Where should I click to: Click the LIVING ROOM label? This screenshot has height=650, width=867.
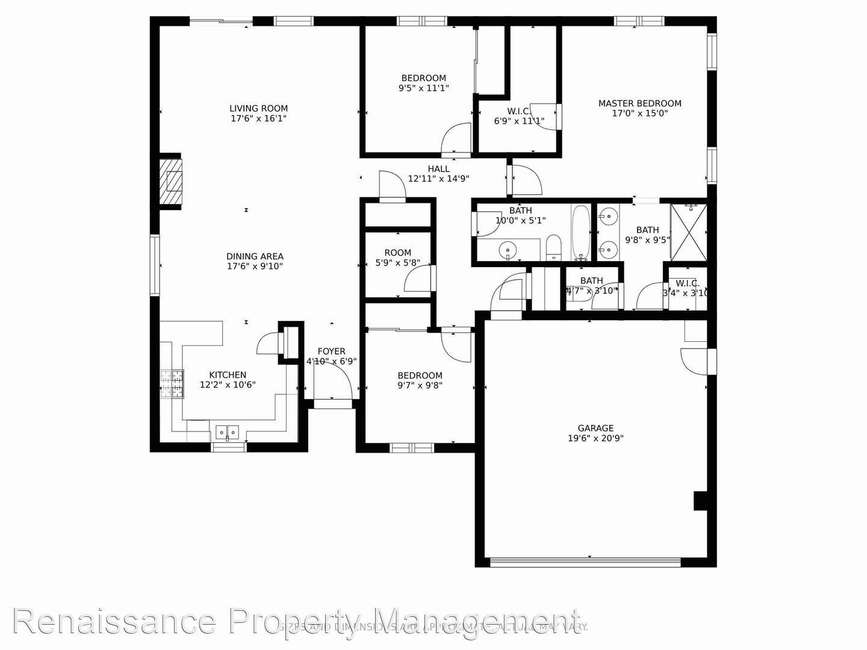tap(258, 109)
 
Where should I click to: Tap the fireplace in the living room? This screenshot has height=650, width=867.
tap(170, 181)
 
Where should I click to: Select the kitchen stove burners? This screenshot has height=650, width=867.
tap(172, 384)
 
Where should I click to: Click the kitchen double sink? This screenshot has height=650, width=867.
tap(227, 432)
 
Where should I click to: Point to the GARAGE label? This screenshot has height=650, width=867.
tap(596, 429)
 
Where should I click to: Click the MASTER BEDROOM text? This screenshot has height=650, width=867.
tap(639, 104)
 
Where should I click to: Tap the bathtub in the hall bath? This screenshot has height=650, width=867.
tap(581, 233)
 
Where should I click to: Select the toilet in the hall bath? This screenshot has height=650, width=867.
tap(554, 248)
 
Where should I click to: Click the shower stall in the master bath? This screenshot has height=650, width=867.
tap(689, 232)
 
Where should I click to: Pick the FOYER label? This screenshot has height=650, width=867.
tap(331, 351)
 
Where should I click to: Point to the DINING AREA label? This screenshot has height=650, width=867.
tap(255, 256)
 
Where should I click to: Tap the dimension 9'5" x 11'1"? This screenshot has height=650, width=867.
tap(424, 88)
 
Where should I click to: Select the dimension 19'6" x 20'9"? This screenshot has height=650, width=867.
tap(596, 438)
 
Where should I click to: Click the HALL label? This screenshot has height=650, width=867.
tap(438, 169)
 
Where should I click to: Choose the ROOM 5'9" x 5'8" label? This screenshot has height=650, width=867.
tap(397, 253)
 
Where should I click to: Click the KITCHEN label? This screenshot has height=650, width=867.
tap(228, 375)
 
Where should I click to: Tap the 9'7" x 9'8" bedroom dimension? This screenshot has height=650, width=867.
tap(420, 385)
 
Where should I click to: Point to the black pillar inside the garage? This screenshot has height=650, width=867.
tap(700, 501)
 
